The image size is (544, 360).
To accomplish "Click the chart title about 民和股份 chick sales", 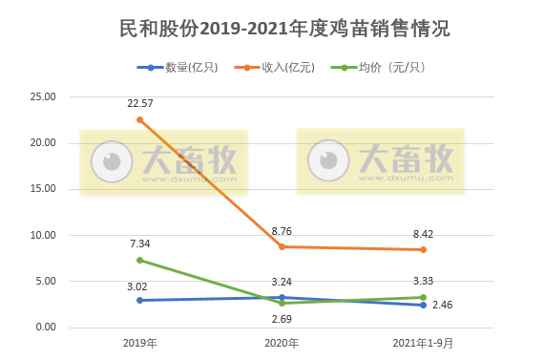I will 272,29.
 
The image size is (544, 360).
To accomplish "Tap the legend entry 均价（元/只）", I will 382,68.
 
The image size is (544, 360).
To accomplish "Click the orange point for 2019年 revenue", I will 140,119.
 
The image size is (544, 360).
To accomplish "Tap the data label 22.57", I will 140,102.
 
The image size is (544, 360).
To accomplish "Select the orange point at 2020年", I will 282,246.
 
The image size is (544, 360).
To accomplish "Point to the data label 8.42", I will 423,232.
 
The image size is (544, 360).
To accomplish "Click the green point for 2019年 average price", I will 140,260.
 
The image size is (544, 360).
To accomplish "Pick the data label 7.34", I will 140,243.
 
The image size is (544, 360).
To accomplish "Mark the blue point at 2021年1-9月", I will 423,305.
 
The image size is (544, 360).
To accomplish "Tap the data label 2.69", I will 282,319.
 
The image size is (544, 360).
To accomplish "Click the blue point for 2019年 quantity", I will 140,300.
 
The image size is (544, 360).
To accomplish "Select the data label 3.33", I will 423,280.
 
